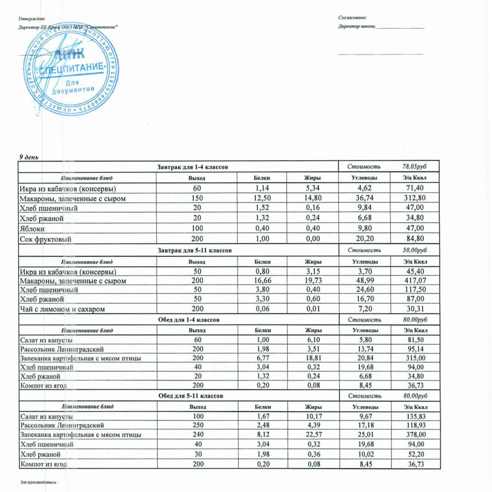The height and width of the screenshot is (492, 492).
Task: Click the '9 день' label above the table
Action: click(x=29, y=157)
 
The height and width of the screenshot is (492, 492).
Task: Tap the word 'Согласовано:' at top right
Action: click(x=352, y=17)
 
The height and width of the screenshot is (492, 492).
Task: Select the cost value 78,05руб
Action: click(x=414, y=167)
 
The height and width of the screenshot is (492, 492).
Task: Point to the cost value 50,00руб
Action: click(x=415, y=250)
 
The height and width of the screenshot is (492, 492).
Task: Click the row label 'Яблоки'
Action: click(x=32, y=229)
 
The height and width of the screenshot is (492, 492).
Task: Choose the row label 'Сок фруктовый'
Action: click(x=46, y=239)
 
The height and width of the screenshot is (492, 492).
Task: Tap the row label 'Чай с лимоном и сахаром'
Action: click(x=62, y=309)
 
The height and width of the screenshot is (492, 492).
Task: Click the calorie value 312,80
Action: click(x=415, y=198)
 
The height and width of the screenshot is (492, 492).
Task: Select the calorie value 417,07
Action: click(x=415, y=280)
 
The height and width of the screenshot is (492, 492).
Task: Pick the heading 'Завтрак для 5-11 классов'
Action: click(x=195, y=250)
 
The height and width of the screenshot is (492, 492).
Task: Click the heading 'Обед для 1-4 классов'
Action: click(x=189, y=320)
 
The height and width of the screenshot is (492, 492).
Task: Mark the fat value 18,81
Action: click(x=313, y=358)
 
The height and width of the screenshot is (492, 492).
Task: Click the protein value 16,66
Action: click(x=263, y=280)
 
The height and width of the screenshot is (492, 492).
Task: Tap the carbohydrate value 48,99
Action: click(x=365, y=280)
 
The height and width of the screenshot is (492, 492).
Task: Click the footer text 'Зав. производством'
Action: click(x=39, y=482)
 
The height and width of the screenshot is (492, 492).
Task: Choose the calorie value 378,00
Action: click(x=416, y=435)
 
